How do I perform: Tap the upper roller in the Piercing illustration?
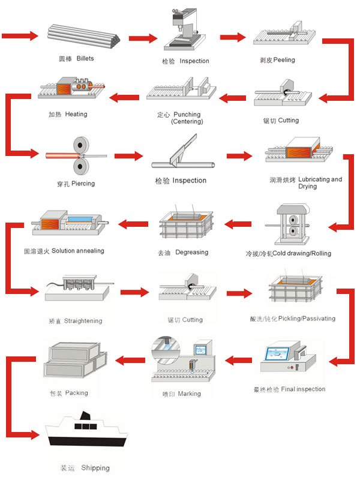click(x=80, y=146)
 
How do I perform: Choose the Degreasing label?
click(x=191, y=253)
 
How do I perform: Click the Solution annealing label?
click(x=77, y=250)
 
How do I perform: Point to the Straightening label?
click(x=83, y=321)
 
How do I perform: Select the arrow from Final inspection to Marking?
click(x=238, y=360)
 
